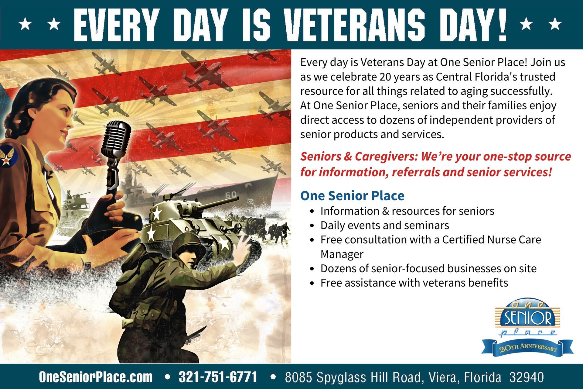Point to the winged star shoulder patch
7,156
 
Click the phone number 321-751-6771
218,377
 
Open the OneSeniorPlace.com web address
96,377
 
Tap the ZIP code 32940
527,377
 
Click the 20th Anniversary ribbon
527,347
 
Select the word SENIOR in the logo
527,318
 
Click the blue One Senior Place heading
352,196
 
